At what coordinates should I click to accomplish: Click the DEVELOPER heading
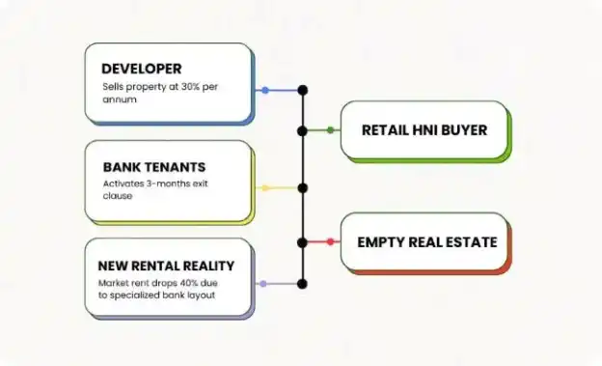pos(141,69)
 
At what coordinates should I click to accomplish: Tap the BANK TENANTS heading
pos(154,167)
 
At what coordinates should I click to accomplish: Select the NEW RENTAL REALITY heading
pos(166,266)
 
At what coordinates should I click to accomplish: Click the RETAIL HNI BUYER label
pos(424,130)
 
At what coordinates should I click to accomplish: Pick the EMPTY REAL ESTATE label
pos(427,242)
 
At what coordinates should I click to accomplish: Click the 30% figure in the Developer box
pos(191,87)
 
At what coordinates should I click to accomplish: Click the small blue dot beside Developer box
pos(265,91)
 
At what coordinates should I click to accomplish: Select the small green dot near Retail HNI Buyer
pos(330,130)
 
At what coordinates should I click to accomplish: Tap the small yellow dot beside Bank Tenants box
pos(265,188)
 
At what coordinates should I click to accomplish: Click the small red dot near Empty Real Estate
pos(330,241)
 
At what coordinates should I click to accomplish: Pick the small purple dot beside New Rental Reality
pos(263,284)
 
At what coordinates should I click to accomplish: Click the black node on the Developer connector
pos(303,91)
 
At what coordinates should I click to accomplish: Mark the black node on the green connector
pos(303,130)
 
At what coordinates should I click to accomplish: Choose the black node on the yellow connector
pos(303,188)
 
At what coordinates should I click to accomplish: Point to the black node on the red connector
pos(303,242)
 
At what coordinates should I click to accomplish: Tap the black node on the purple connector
pos(303,284)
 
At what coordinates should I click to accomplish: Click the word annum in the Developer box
pos(120,99)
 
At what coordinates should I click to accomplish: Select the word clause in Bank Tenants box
pos(118,196)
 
